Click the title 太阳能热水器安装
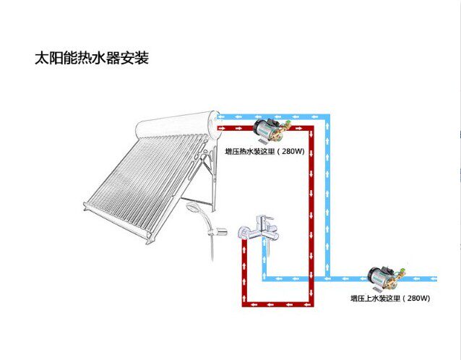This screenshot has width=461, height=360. (x=91, y=58)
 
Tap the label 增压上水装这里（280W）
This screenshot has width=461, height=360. (x=390, y=298)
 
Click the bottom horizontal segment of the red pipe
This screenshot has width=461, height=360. (x=277, y=304)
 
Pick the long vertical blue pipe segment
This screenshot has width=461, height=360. (x=328, y=195)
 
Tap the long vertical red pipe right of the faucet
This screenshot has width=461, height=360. (x=311, y=217)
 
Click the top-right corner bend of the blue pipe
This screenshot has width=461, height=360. (x=328, y=115)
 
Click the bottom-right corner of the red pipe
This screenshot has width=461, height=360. (x=311, y=304)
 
